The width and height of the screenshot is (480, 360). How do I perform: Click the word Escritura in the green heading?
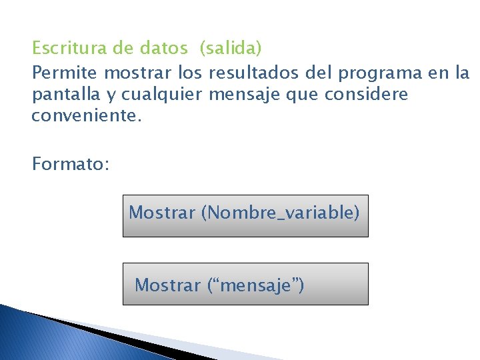pos(65,48)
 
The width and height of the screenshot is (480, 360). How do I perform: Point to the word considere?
pos(366,94)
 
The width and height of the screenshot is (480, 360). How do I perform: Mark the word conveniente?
pos(87,117)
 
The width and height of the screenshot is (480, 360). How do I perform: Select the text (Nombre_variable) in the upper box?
pos(280,213)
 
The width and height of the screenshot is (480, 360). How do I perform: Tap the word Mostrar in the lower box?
pos(167,285)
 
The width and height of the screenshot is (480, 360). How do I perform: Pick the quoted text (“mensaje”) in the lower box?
pos(255,285)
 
